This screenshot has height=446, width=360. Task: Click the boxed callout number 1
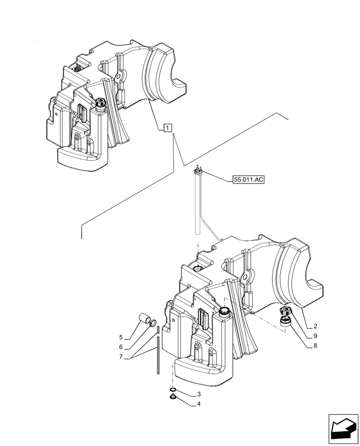[166, 128]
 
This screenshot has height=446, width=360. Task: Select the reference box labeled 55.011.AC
[248, 180]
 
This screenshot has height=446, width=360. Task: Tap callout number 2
[315, 326]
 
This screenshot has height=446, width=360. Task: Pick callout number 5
[121, 337]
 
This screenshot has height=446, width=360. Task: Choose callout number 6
[121, 347]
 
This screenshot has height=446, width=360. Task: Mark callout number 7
[121, 357]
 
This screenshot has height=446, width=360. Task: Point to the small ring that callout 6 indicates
[153, 322]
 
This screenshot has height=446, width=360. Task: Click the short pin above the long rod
[158, 330]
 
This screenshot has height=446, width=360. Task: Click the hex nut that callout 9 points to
[284, 312]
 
